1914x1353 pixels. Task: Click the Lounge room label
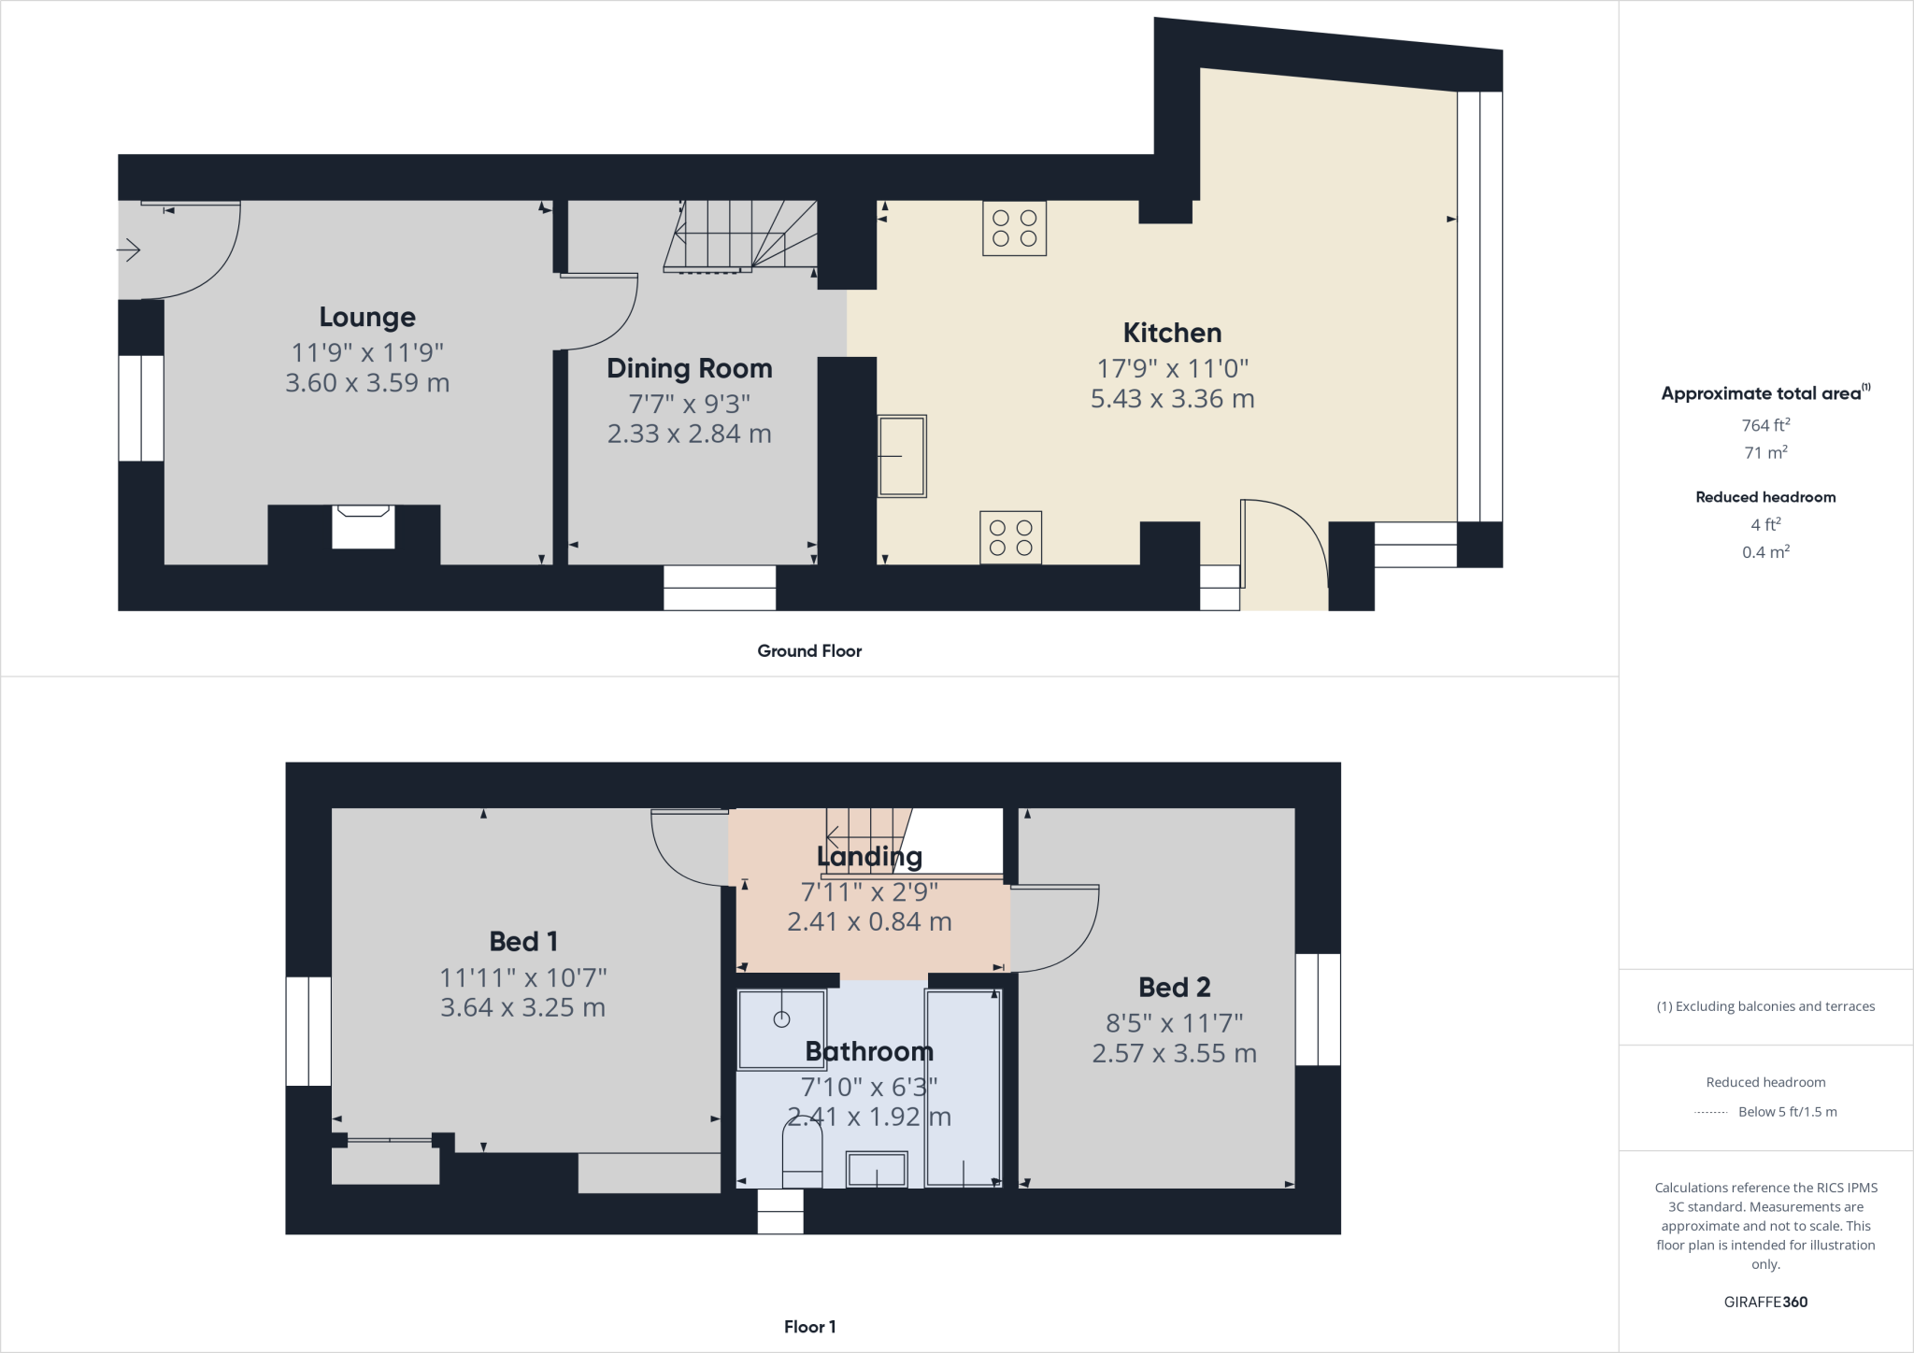(367, 318)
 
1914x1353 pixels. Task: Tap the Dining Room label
(690, 368)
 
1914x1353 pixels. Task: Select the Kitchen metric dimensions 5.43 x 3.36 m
(1172, 399)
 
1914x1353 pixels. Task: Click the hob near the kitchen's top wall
(1014, 228)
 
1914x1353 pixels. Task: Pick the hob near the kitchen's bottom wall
(1010, 537)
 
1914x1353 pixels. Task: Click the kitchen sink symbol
(902, 456)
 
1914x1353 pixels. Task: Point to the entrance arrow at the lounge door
(129, 249)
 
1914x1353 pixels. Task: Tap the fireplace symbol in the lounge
(363, 526)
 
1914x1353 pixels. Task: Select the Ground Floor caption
(809, 651)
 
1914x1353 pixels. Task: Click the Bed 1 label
(523, 941)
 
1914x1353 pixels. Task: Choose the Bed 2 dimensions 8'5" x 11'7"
(1174, 1023)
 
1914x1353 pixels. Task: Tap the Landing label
(869, 856)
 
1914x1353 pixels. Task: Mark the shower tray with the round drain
(781, 1029)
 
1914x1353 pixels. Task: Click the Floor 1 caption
(809, 1327)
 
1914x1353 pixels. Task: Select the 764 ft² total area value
(1765, 425)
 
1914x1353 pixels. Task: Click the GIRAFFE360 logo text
(1765, 1302)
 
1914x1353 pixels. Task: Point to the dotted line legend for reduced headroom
(1709, 1113)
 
